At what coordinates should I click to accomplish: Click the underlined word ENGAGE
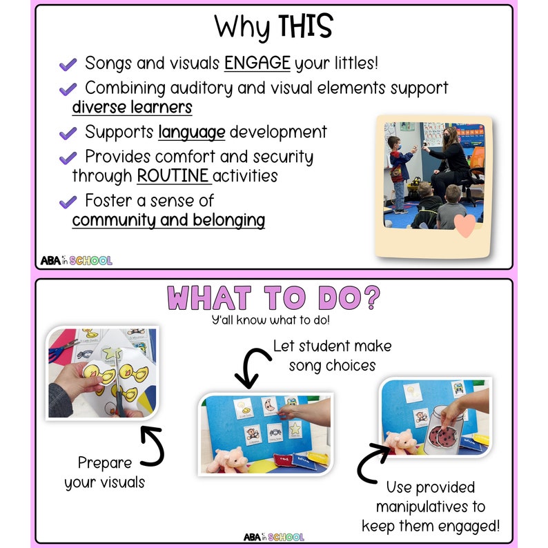(257, 63)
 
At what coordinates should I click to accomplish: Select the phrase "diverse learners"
(132, 108)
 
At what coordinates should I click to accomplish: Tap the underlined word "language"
(191, 132)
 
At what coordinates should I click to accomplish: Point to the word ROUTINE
(173, 175)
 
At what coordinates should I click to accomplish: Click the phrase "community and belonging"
(168, 220)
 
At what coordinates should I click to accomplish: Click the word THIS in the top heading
(304, 27)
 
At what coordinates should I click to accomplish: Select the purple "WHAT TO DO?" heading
(273, 299)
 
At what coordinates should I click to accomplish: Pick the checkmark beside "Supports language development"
(68, 133)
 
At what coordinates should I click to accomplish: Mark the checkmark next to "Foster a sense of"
(68, 202)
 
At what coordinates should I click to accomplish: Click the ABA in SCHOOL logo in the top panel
(76, 260)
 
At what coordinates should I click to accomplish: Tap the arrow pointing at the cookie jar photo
(370, 464)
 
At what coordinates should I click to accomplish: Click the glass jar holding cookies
(447, 434)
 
